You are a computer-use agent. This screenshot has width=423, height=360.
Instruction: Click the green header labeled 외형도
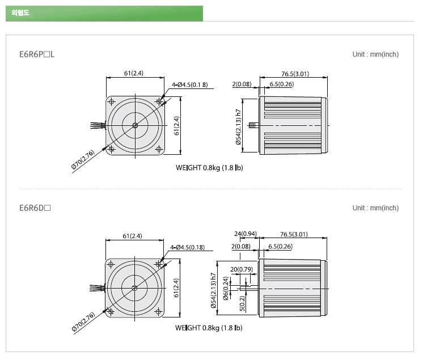[x=104, y=13]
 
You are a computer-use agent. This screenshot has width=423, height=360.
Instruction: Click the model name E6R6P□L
[x=37, y=54]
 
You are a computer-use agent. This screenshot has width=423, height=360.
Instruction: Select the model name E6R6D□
[x=35, y=208]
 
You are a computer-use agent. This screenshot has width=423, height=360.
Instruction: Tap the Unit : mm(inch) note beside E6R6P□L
[x=375, y=54]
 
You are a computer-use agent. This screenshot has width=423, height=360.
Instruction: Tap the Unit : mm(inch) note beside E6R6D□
[x=375, y=208]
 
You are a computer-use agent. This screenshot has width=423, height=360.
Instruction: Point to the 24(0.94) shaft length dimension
[x=246, y=234]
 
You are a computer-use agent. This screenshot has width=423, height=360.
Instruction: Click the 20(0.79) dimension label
[x=242, y=269]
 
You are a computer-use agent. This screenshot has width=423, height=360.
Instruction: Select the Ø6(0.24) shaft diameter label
[x=226, y=288]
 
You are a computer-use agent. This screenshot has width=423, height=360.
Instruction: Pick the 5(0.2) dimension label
[x=242, y=303]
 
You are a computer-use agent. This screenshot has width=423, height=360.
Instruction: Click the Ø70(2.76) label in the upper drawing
[x=83, y=160]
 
